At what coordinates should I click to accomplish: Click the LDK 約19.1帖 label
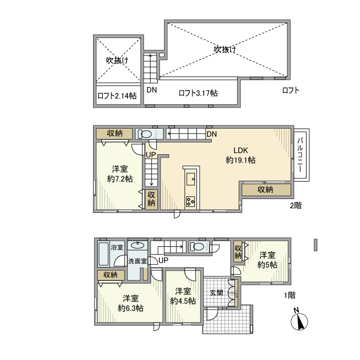241,155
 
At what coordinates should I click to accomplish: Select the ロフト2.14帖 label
117,96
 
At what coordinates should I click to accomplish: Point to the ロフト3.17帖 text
198,93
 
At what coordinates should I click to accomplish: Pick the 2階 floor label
295,205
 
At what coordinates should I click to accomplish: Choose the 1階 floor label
290,295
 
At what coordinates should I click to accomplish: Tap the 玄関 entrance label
216,293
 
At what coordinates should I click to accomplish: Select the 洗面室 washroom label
137,261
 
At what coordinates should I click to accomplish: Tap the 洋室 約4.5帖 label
183,296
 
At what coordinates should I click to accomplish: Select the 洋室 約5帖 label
267,260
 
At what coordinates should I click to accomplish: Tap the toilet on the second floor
145,134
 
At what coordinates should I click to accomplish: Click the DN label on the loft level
151,89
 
